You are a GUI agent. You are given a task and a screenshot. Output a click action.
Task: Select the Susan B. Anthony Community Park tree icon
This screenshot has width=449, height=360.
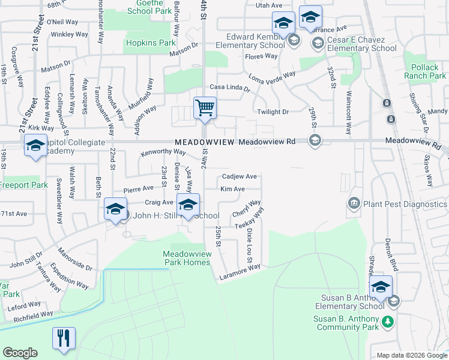388,321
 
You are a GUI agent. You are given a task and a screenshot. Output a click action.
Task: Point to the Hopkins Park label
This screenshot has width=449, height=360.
151,43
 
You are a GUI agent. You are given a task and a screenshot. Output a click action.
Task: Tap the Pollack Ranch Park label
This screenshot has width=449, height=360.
425,72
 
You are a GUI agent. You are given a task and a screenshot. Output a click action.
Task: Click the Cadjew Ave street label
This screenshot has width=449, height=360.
240,176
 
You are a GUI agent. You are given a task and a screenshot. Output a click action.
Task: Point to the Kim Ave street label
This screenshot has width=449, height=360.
232,189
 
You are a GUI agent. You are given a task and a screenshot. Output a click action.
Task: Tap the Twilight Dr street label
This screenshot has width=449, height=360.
273,112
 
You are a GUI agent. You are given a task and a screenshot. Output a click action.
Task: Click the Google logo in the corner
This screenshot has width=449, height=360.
20,353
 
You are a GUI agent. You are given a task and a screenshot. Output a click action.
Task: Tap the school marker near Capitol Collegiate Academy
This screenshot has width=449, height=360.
35,146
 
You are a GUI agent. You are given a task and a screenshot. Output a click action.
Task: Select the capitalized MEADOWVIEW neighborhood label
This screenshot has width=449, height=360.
204,142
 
